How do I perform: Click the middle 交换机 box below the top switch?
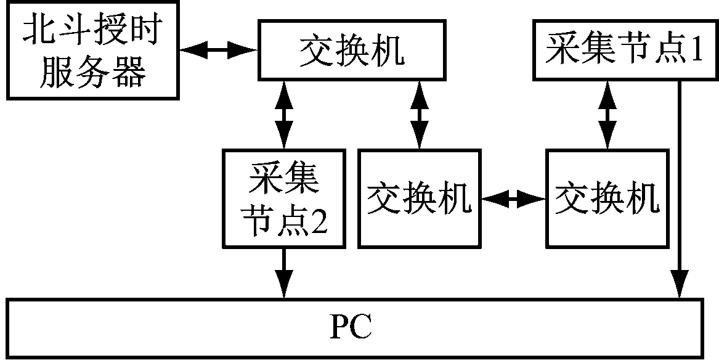pos(420,198)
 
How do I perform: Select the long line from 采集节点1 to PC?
pos(680,185)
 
